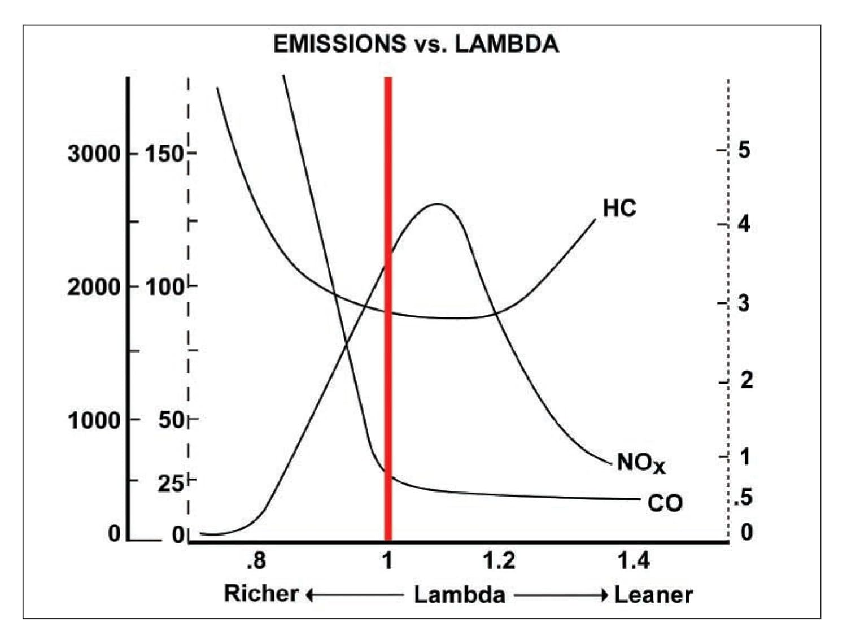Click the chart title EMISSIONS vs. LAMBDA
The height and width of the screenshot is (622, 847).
coord(416,44)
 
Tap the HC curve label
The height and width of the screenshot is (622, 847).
coord(619,208)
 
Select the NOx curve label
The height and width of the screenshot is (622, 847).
coord(641,463)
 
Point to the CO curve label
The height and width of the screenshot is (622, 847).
coord(665,503)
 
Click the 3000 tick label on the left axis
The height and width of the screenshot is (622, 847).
coord(94,154)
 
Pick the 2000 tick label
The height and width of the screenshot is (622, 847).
coord(94,287)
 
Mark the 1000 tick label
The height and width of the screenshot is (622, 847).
coord(94,421)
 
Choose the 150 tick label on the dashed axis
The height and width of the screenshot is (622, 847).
coord(164,154)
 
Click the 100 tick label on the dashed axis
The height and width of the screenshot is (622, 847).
coord(164,287)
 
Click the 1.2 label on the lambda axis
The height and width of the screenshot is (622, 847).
coord(499,560)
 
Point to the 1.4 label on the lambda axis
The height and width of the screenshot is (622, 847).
coord(633,560)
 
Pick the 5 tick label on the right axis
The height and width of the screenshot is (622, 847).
coord(744,150)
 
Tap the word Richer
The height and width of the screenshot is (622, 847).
coord(261,594)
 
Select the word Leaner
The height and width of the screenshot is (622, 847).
coord(653,595)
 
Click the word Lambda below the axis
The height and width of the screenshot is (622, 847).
coord(459,595)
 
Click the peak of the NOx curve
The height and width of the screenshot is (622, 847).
coord(437,204)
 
